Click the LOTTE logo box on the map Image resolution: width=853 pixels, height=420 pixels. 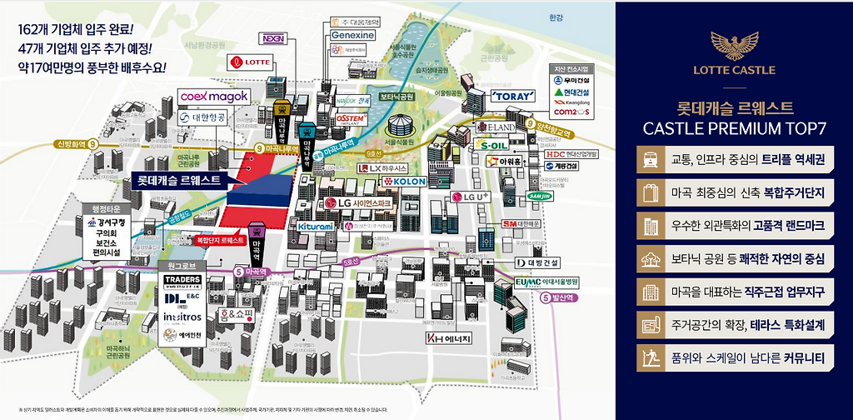tap(248, 62)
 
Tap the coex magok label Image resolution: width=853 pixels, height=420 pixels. tap(214, 97)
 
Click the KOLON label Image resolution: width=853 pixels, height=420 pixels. tap(404, 181)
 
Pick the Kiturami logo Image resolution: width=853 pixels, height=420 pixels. tap(314, 226)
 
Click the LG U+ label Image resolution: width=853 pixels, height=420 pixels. tap(468, 197)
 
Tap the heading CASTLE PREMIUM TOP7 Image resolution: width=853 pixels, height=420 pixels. tap(733, 127)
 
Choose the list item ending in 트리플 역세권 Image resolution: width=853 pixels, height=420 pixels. tap(733, 157)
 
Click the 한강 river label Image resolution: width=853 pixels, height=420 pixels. tap(557, 17)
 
